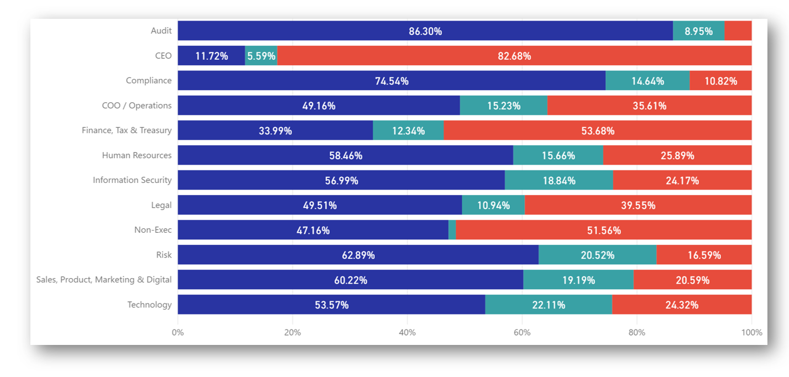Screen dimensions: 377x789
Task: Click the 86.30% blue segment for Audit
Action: coord(425,31)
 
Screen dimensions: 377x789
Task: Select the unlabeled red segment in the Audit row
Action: coord(738,31)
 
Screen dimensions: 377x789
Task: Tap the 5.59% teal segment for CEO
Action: coord(261,56)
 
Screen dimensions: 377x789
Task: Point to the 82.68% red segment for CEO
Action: coord(514,56)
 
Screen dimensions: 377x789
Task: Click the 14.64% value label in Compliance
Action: coord(647,81)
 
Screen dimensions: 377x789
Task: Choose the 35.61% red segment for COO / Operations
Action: coord(649,106)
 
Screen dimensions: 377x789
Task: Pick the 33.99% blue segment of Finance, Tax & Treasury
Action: coord(275,130)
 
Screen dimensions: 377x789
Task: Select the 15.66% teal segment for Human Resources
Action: coord(558,155)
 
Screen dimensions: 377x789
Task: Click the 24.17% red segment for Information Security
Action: coord(682,180)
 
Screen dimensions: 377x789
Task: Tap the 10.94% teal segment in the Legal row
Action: coord(493,205)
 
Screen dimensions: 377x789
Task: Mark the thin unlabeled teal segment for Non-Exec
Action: coord(452,230)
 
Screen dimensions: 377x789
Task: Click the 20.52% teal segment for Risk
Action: coord(597,255)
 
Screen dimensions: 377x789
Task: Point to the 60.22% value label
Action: coord(351,280)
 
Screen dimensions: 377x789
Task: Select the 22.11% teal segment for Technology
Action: coord(548,305)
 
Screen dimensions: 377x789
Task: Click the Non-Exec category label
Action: coord(153,230)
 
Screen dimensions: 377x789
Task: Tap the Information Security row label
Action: coord(132,180)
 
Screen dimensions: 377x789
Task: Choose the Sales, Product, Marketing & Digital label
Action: coord(104,280)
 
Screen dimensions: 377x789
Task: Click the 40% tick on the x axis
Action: coord(407,333)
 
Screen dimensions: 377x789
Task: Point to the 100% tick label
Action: coord(751,333)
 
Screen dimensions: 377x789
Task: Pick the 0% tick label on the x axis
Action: coord(177,333)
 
